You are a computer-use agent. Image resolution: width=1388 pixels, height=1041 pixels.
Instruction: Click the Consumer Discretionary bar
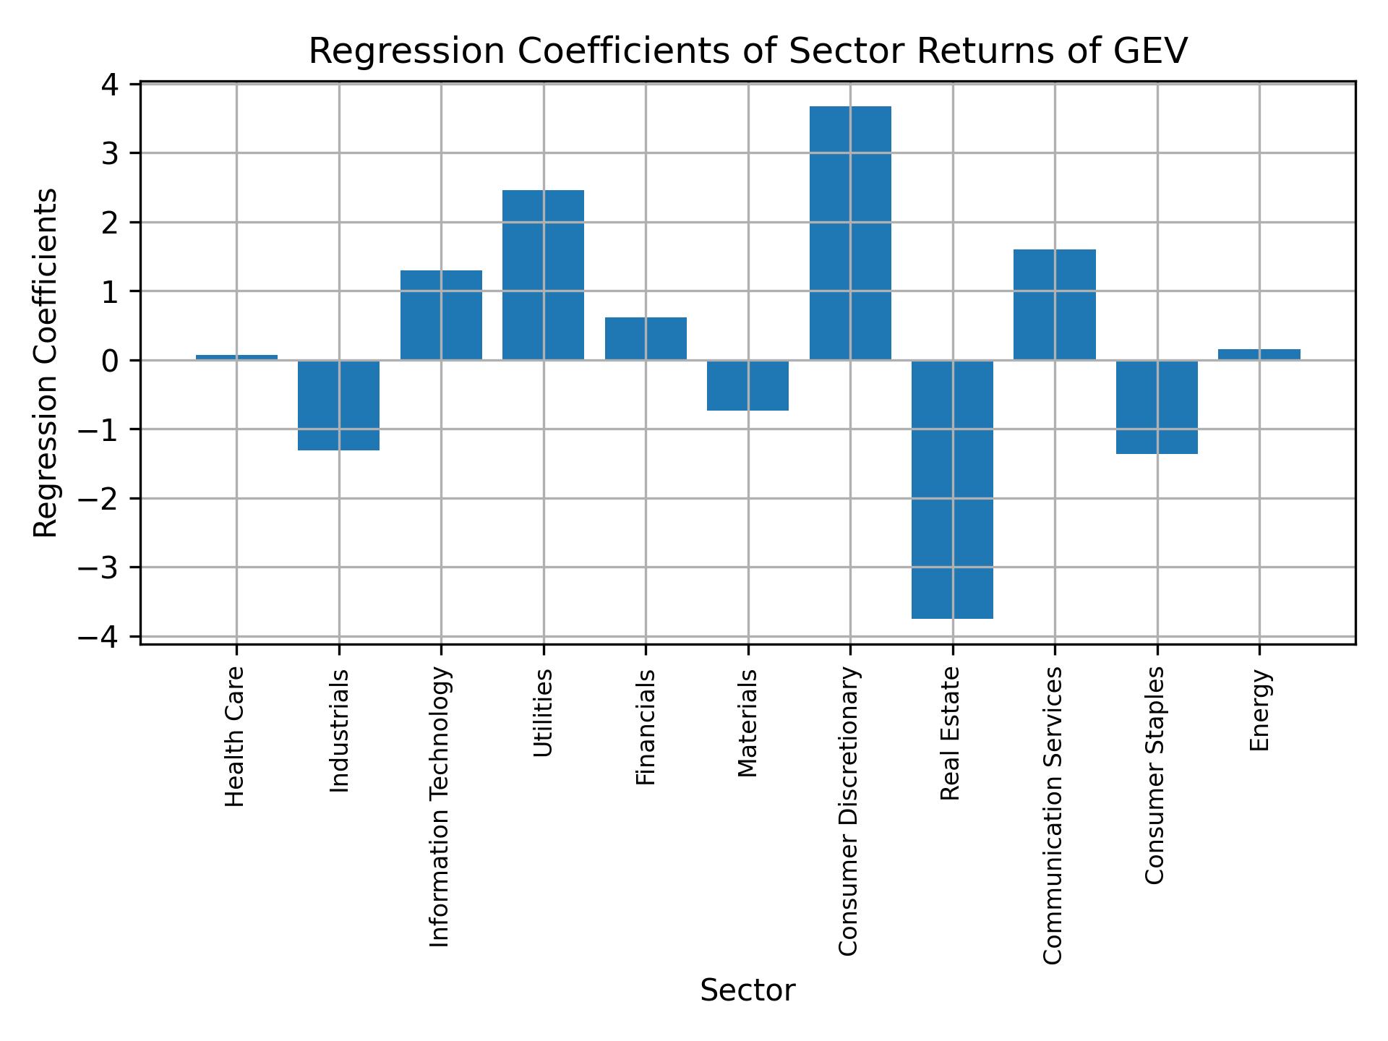(x=850, y=233)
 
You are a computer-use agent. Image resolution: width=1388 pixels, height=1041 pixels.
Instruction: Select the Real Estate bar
(x=952, y=489)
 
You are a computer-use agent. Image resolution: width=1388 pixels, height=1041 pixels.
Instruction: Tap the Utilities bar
(x=543, y=275)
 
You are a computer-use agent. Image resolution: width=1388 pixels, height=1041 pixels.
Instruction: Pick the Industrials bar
(x=338, y=405)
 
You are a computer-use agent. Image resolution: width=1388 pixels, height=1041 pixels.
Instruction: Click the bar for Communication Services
(x=1055, y=304)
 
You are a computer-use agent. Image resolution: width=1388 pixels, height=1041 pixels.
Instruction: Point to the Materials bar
(x=747, y=385)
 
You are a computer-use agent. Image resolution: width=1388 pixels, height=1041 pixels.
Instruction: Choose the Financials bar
(x=646, y=338)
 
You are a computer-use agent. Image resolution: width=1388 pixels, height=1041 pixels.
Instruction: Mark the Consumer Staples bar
(x=1157, y=407)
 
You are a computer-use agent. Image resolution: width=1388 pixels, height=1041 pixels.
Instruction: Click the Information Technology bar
(x=441, y=315)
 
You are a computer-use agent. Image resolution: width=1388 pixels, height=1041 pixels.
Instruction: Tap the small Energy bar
(x=1259, y=354)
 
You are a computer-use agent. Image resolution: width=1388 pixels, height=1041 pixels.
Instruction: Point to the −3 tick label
(x=99, y=567)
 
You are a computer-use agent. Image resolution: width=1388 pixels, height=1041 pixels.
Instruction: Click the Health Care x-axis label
(x=234, y=737)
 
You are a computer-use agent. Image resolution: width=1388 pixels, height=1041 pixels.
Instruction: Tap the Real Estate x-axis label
(x=950, y=733)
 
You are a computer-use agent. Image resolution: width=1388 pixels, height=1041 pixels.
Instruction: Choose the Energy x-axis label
(x=1259, y=710)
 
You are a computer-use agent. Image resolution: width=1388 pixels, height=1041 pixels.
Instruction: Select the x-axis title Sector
(x=747, y=990)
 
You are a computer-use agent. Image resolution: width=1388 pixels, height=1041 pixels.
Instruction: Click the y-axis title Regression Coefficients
(x=46, y=362)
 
